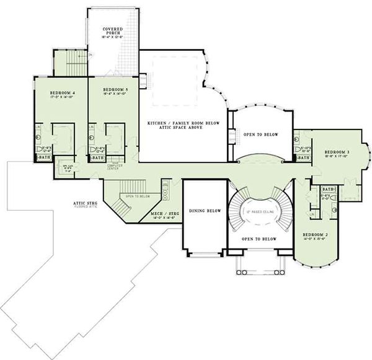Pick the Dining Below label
point(205,211)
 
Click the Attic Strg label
point(86,201)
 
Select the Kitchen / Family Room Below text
point(184,125)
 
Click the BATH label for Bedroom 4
point(44,158)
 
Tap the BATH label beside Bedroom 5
point(98,158)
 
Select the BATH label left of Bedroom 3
point(303,158)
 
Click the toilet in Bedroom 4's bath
point(40,149)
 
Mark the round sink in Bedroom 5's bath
point(92,138)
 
